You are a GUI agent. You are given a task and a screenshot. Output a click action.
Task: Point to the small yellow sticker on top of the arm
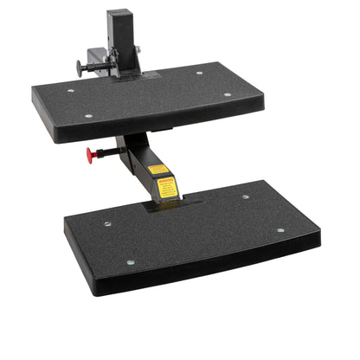157,170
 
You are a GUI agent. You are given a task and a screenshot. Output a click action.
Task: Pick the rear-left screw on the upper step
71,91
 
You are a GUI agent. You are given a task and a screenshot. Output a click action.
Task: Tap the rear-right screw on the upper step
200,74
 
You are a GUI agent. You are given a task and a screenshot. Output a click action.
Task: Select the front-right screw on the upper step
228,94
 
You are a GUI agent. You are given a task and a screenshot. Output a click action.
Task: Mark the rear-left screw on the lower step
107,224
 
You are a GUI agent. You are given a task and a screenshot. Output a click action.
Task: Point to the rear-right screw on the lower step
246,197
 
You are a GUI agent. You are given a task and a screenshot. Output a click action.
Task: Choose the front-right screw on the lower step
280,230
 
